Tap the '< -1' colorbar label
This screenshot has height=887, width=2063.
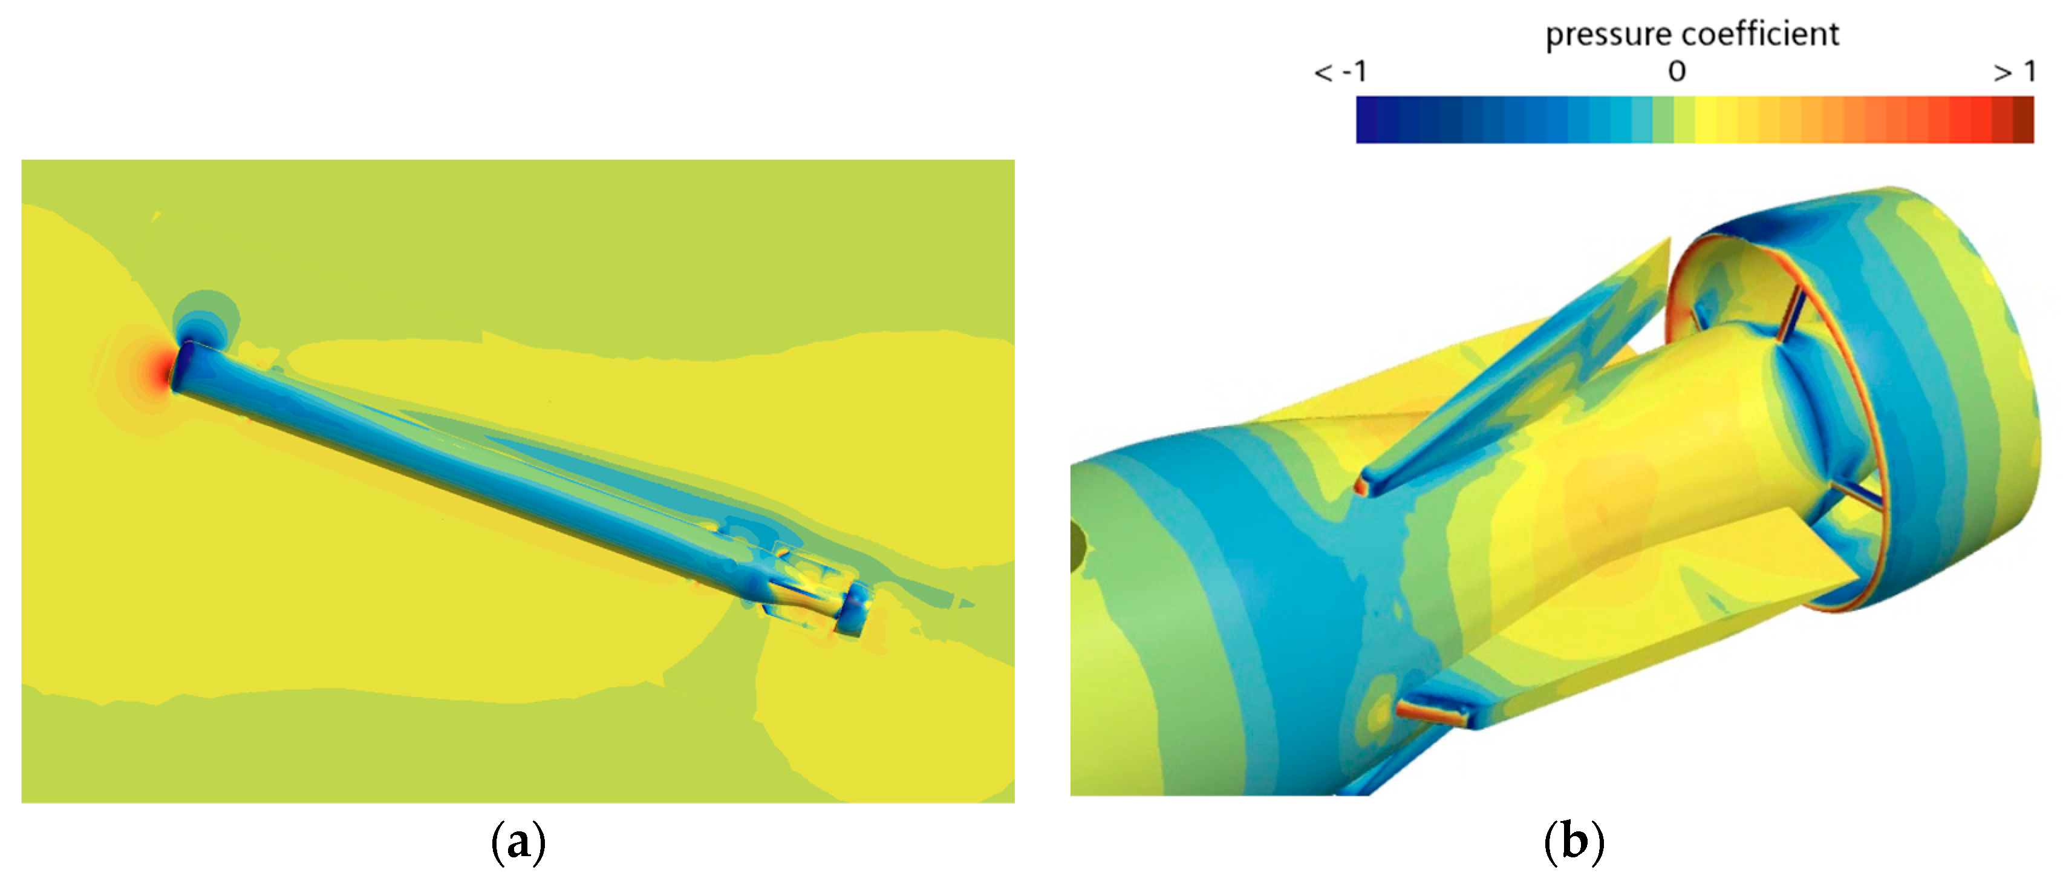pyautogui.click(x=1341, y=72)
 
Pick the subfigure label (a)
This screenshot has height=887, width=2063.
pyautogui.click(x=518, y=842)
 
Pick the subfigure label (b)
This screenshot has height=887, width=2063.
pyautogui.click(x=1574, y=842)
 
